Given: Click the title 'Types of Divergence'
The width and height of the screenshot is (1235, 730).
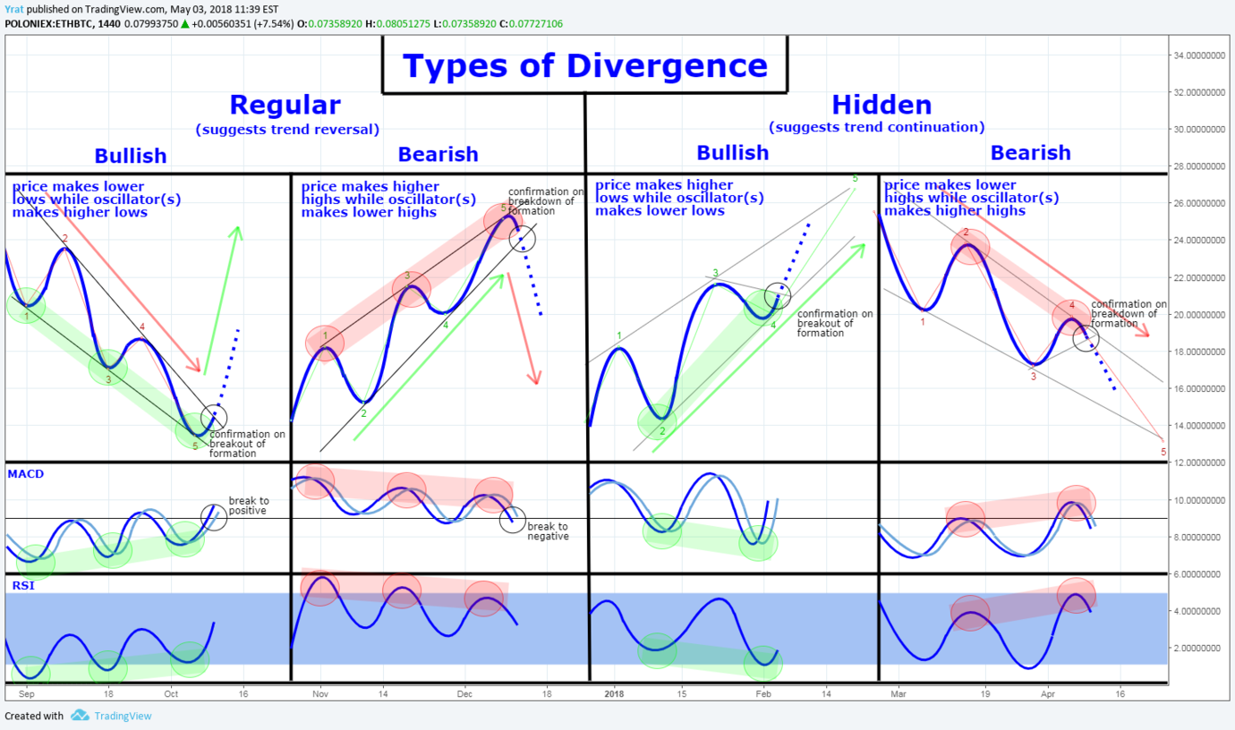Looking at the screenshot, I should [x=584, y=66].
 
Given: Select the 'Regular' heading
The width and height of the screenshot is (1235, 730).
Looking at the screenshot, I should [x=285, y=105].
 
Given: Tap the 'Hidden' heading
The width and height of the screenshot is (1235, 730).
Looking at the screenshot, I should [x=882, y=105].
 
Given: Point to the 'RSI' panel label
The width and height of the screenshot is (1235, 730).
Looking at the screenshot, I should [x=21, y=585].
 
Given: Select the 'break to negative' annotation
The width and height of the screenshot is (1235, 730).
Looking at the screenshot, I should [x=548, y=531].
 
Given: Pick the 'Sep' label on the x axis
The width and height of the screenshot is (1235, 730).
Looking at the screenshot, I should [x=26, y=693].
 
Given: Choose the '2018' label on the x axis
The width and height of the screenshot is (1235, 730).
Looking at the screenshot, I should [x=614, y=693].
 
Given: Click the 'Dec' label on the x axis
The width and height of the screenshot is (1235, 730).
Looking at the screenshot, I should [x=464, y=693].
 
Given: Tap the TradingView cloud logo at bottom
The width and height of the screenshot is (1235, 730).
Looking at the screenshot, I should [x=80, y=716].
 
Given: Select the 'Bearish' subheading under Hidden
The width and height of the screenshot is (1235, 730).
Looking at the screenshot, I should [x=1030, y=153].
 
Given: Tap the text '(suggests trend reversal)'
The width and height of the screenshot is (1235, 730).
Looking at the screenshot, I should [x=286, y=130].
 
